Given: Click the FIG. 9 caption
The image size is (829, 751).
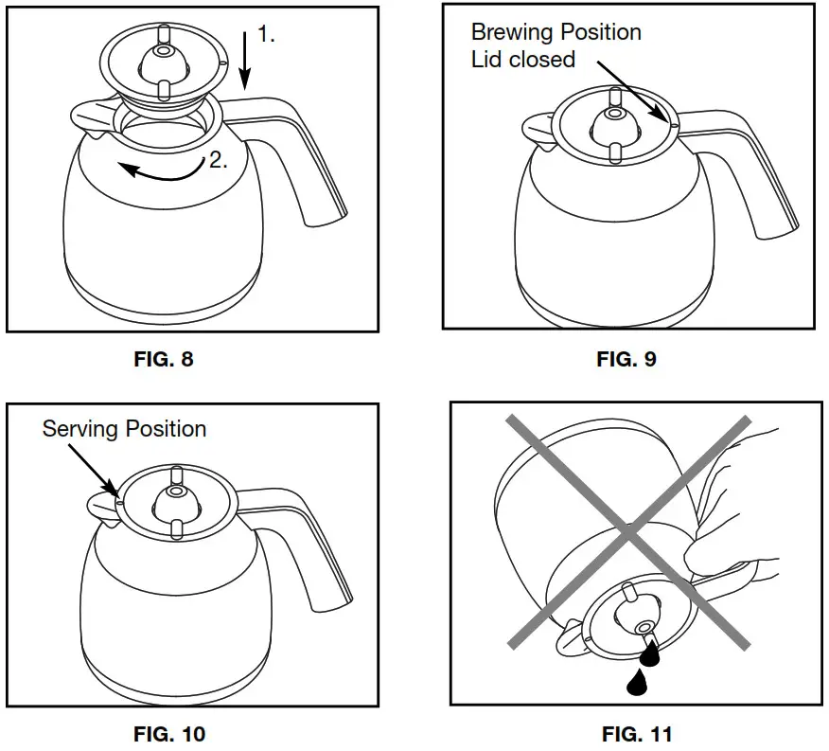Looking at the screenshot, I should click(x=626, y=359).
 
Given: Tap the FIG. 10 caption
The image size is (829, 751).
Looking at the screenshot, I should click(x=168, y=733).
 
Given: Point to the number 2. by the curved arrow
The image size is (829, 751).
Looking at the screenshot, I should click(x=218, y=161).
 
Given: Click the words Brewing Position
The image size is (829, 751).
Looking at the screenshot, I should click(x=556, y=32).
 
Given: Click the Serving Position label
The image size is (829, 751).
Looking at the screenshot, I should click(x=124, y=428).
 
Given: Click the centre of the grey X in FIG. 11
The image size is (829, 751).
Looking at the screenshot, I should click(x=629, y=531).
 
